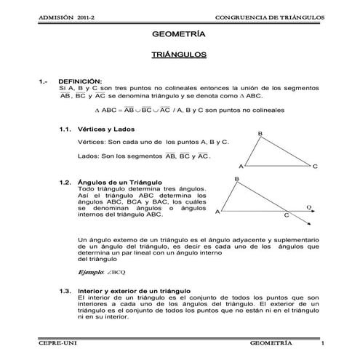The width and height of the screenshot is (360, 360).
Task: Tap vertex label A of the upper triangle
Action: click(241, 166)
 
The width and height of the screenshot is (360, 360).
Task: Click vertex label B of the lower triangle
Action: click(237, 179)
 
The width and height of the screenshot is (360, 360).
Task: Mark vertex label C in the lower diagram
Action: click(286, 216)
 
